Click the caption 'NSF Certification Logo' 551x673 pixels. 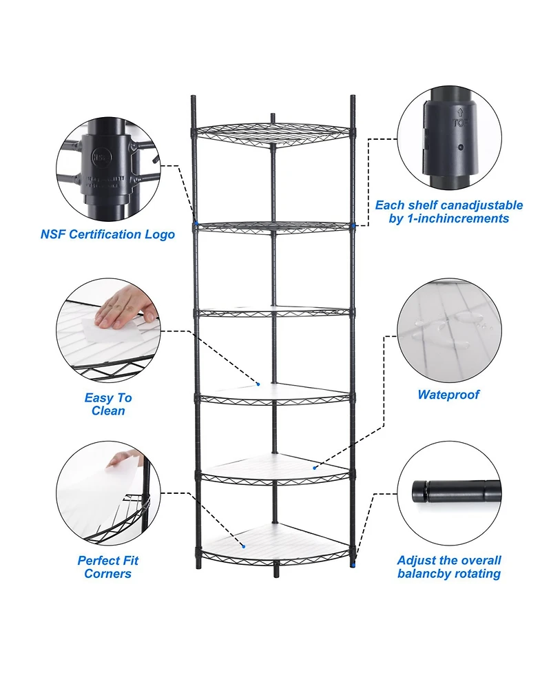point(107,234)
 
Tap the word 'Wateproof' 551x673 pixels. point(448,395)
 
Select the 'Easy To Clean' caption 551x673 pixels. point(107,404)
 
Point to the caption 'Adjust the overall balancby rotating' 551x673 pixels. point(449,567)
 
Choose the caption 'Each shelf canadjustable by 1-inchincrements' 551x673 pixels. point(448,211)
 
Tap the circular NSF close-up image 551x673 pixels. point(107,169)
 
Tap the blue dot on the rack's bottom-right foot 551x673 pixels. point(353,565)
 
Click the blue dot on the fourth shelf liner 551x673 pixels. point(259,384)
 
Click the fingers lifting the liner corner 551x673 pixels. point(124,458)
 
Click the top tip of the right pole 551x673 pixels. point(353,99)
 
